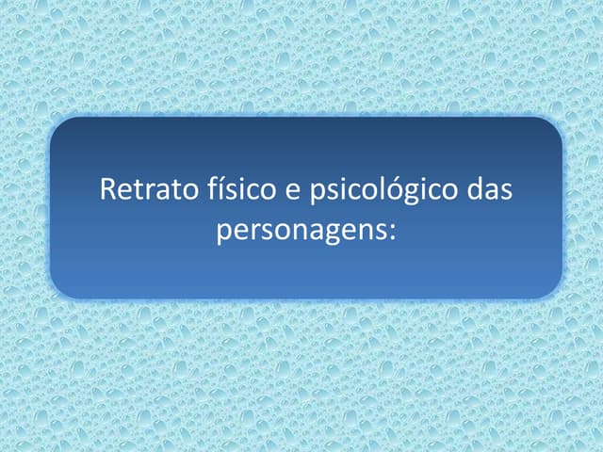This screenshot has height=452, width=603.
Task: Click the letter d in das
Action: [473, 189]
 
